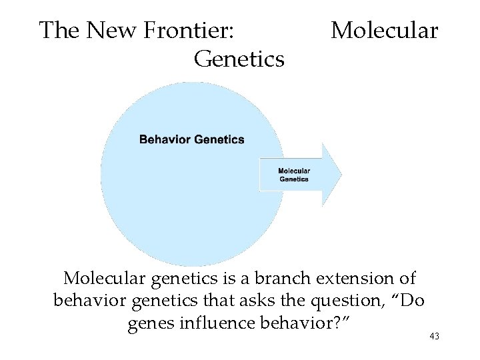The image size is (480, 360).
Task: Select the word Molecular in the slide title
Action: (385, 31)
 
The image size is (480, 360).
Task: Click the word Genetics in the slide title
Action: (239, 59)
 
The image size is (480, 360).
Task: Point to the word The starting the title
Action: (61, 31)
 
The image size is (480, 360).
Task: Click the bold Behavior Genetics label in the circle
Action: (191, 140)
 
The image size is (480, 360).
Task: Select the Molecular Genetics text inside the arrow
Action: (294, 175)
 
